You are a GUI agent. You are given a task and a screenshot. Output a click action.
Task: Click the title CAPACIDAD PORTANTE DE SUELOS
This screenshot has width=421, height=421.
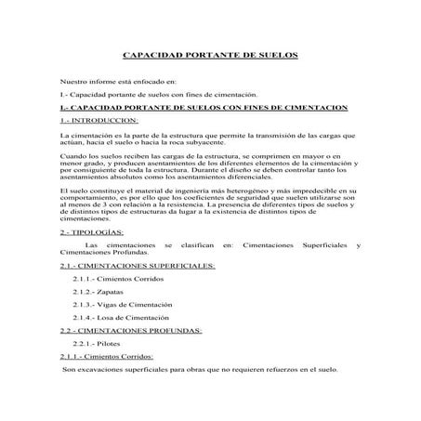click(210, 55)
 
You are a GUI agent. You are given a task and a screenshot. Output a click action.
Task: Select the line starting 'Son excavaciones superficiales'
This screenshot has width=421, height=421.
click(200, 369)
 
